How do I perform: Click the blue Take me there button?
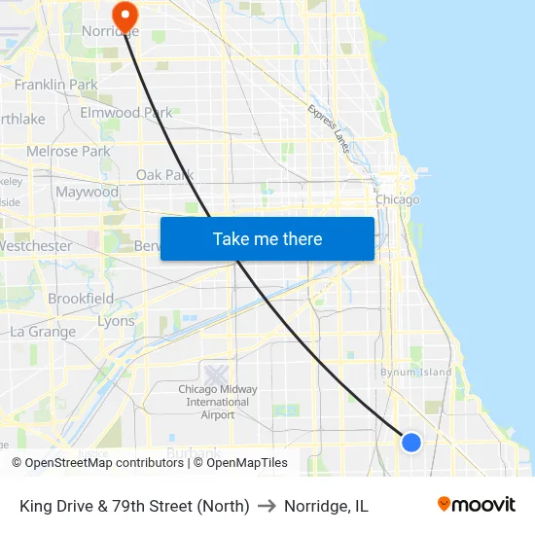pyautogui.click(x=267, y=238)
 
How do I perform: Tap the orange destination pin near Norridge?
pyautogui.click(x=125, y=13)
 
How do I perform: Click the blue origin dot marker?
pyautogui.click(x=411, y=443)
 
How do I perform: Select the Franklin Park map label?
pyautogui.click(x=55, y=85)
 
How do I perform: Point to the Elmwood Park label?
pyautogui.click(x=125, y=113)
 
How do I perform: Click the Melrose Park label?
pyautogui.click(x=68, y=152)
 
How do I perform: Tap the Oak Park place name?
pyautogui.click(x=164, y=175)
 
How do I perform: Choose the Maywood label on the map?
pyautogui.click(x=87, y=192)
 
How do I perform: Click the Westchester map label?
pyautogui.click(x=35, y=246)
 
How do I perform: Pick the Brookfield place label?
pyautogui.click(x=81, y=299)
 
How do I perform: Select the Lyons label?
pyautogui.click(x=116, y=321)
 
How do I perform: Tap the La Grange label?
pyautogui.click(x=42, y=332)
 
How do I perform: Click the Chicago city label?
pyautogui.click(x=397, y=199)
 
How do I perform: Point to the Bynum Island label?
pyautogui.click(x=415, y=373)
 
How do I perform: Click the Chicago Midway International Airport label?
pyautogui.click(x=218, y=402)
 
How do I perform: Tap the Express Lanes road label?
pyautogui.click(x=329, y=129)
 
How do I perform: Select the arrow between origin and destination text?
pyautogui.click(x=267, y=506)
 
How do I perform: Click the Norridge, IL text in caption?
pyautogui.click(x=326, y=506)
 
